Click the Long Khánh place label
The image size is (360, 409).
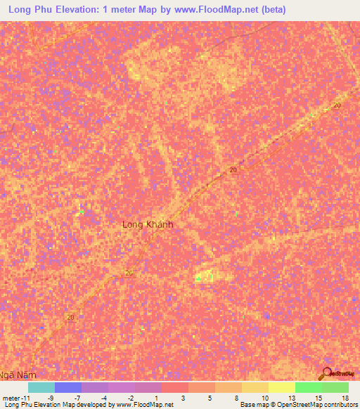(148, 225)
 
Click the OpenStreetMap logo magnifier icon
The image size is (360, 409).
(326, 374)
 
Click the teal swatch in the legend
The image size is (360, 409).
(41, 387)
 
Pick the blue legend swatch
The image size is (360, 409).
(68, 387)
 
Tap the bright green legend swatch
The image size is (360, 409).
(309, 387)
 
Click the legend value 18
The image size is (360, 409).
(345, 398)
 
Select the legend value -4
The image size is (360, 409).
(103, 398)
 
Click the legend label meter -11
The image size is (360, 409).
(15, 398)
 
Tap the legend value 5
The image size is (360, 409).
(210, 398)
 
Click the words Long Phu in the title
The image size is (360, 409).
(30, 10)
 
